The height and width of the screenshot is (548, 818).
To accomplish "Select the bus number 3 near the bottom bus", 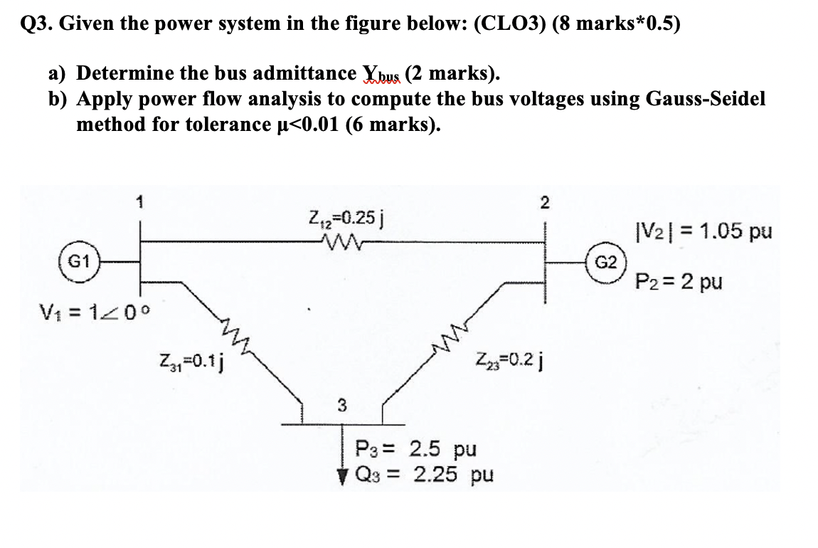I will click(341, 406).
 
